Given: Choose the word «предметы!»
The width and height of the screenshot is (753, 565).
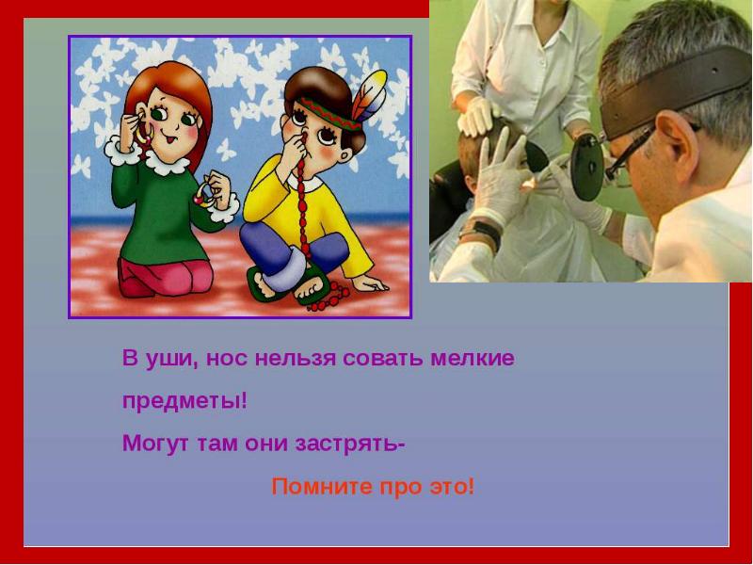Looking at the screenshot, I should [x=184, y=401].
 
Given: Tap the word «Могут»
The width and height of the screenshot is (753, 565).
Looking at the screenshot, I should [x=154, y=444].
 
